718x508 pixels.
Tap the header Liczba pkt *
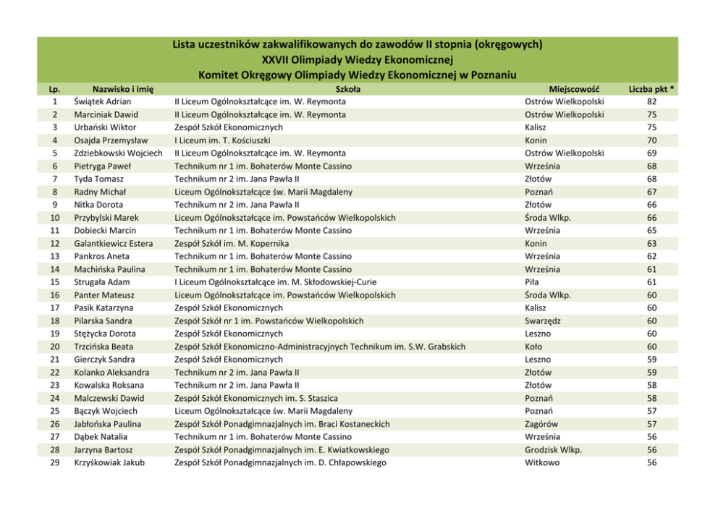(x=651, y=89)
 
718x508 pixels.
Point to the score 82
(x=651, y=102)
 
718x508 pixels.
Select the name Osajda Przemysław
(x=111, y=140)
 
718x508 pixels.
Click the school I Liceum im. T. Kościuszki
(x=228, y=140)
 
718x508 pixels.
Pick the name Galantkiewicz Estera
(x=113, y=244)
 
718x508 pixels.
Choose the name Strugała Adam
(x=102, y=282)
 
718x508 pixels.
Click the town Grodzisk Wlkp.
(x=553, y=450)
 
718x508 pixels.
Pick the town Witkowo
(x=542, y=463)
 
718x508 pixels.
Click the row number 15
(x=55, y=282)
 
